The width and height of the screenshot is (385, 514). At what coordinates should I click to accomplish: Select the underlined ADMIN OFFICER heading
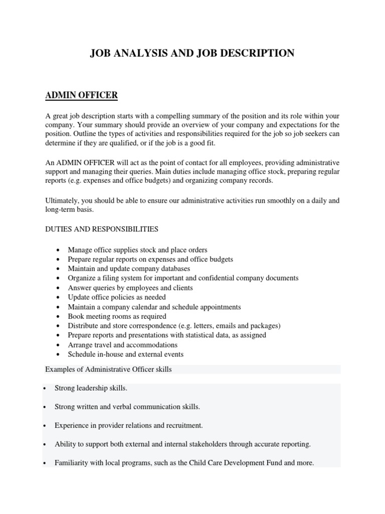coord(81,95)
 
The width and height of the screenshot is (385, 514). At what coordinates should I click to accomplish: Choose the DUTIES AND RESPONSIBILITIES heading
coord(102,229)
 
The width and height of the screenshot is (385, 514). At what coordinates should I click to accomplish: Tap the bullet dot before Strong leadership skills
coord(46,389)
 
